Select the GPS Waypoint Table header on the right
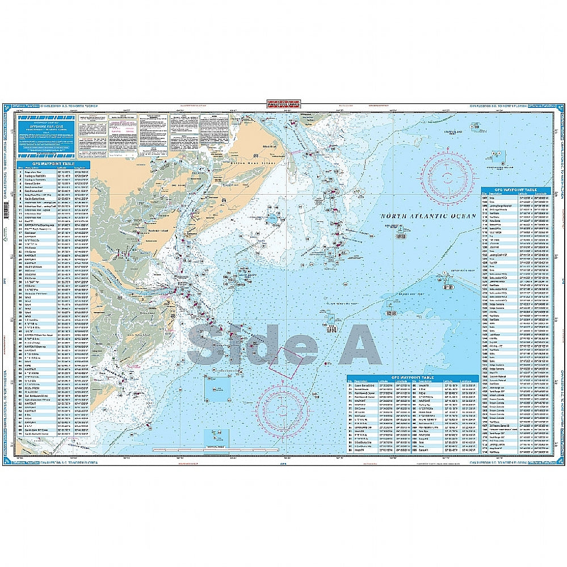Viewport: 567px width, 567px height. click(516, 190)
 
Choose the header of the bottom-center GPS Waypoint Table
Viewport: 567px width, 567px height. click(413, 378)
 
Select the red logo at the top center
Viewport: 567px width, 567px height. click(283, 104)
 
